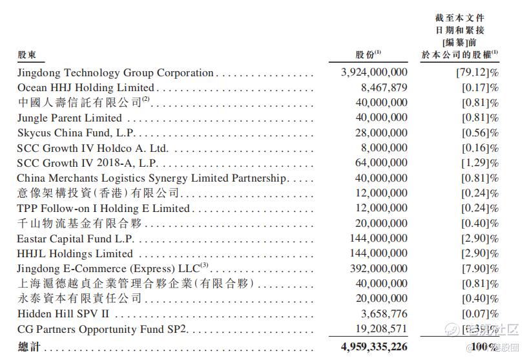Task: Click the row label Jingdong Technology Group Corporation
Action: [x=115, y=73]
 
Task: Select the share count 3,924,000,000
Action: [x=374, y=73]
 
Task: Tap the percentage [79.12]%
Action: [x=477, y=73]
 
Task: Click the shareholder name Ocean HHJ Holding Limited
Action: [x=85, y=87]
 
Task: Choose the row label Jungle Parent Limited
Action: [x=69, y=118]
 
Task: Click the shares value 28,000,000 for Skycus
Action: [x=382, y=133]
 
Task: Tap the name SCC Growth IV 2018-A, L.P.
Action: [x=87, y=163]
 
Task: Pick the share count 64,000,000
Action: [x=382, y=163]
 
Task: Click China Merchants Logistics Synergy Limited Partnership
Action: [x=152, y=178]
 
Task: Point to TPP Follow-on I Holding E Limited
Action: [x=103, y=208]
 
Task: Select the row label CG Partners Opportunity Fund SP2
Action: [x=101, y=329]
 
